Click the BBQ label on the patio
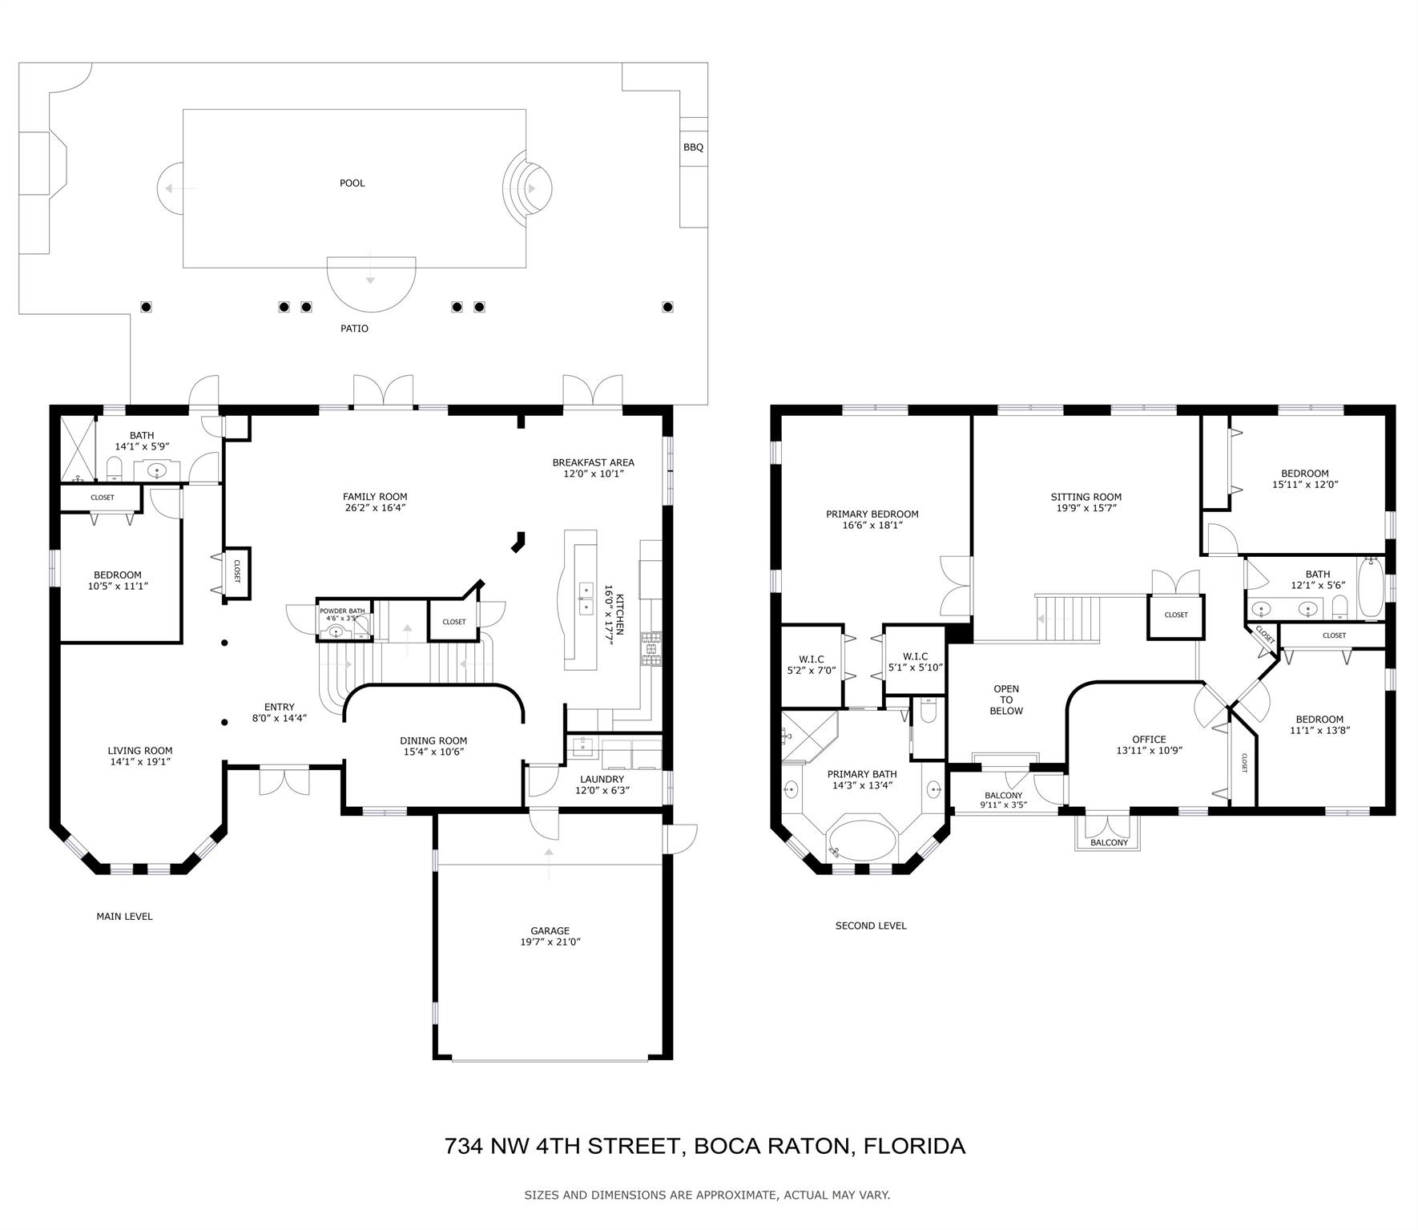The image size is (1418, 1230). coord(693,147)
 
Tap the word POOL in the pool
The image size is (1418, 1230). coord(352,183)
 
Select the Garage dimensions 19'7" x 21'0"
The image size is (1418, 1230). coord(550,942)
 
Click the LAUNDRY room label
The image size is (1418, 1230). coord(602,779)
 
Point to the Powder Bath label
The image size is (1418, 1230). coord(342,611)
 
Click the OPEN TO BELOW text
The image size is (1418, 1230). coord(1006,700)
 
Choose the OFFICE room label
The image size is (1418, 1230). coord(1149,740)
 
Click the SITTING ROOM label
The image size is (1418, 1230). coord(1086,497)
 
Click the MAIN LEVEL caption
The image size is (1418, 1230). coord(124,916)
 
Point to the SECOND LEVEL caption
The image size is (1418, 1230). coord(871,926)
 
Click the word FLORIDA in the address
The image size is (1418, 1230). coord(914,1146)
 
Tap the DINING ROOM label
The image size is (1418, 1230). coord(433,741)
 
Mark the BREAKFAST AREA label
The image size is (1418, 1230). coord(593,462)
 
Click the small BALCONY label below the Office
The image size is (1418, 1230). coord(1109,842)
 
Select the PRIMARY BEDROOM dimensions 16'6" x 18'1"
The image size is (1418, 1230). coord(872,526)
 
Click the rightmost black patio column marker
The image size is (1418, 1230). coord(667,306)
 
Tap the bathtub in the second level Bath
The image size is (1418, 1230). coord(1371,589)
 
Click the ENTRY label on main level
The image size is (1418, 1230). coord(279,707)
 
